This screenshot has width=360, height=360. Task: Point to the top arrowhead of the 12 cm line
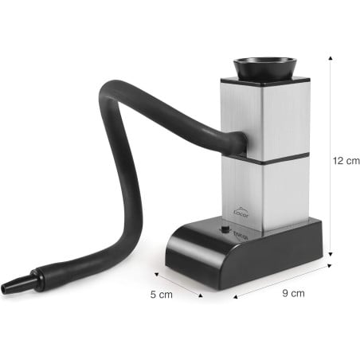[x=327, y=57]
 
